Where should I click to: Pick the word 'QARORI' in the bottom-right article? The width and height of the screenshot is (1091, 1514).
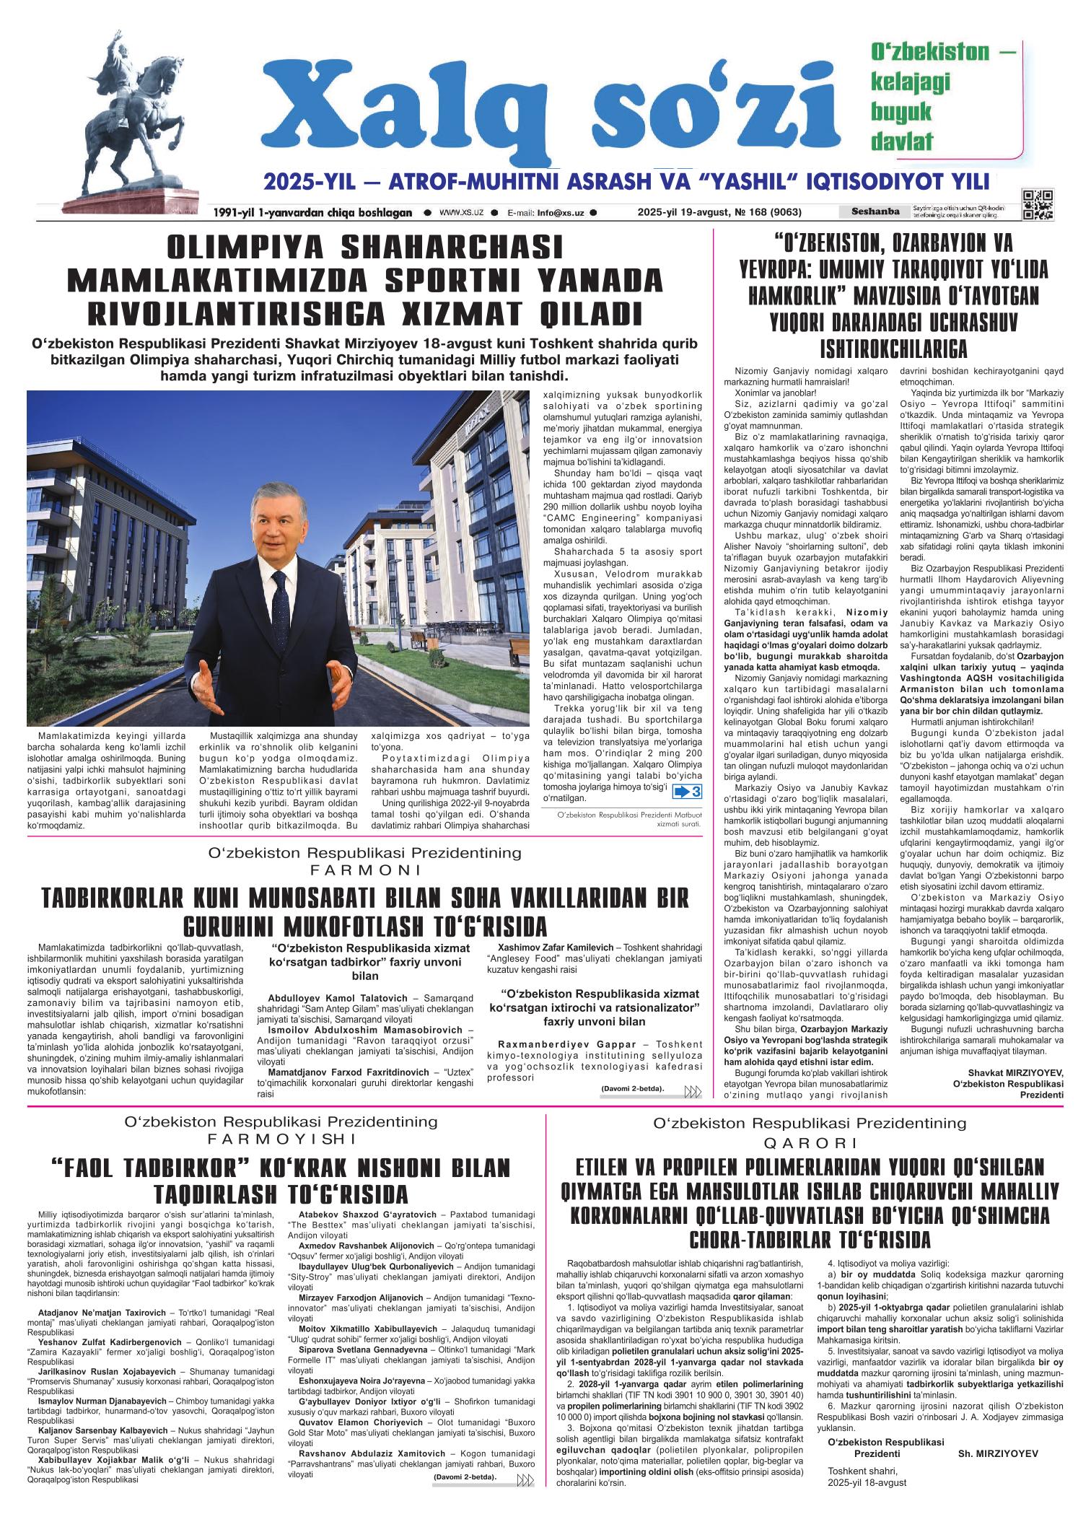[810, 1143]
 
